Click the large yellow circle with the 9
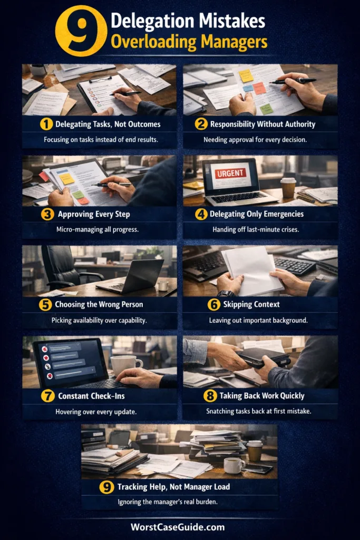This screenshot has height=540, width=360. pyautogui.click(x=81, y=31)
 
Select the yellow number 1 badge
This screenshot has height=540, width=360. pyautogui.click(x=46, y=124)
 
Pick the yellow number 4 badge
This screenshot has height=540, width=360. pyautogui.click(x=201, y=214)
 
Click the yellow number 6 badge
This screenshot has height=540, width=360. pyautogui.click(x=213, y=304)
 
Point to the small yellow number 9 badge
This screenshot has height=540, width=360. pyautogui.click(x=106, y=487)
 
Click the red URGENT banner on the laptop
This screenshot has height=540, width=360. pyautogui.click(x=230, y=173)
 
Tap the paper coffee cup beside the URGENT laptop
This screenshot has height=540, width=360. pyautogui.click(x=288, y=188)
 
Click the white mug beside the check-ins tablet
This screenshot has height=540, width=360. pyautogui.click(x=125, y=366)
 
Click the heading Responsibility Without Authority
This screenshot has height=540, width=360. pyautogui.click(x=262, y=124)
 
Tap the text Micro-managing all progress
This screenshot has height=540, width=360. pyautogui.click(x=98, y=229)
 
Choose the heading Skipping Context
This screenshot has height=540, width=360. pyautogui.click(x=251, y=304)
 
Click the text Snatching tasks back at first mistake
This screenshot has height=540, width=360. pyautogui.click(x=258, y=411)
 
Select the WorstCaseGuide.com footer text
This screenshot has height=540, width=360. pyautogui.click(x=178, y=527)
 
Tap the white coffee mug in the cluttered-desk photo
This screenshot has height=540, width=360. pyautogui.click(x=234, y=466)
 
